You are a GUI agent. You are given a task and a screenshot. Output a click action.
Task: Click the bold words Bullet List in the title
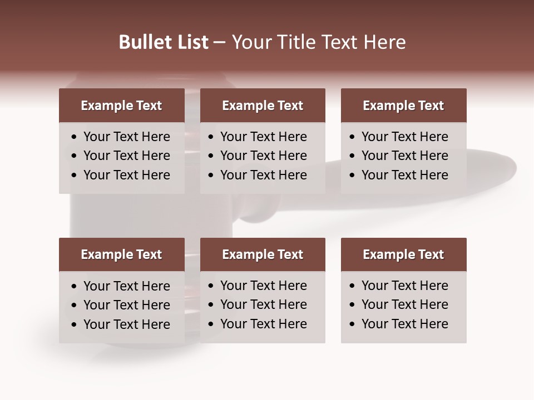point(164,42)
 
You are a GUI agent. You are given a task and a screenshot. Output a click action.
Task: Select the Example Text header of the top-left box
point(121,106)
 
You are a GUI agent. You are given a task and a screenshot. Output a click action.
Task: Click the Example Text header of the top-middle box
point(263,106)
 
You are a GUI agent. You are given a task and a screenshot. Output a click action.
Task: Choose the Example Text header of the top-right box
point(403,106)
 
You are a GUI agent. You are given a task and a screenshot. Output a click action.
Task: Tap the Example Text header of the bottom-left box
point(121,254)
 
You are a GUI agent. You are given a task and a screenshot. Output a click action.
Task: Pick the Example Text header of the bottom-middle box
point(263,254)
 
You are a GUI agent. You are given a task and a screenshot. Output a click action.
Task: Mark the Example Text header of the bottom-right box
point(403,254)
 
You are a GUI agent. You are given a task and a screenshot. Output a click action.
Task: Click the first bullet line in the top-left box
point(126,137)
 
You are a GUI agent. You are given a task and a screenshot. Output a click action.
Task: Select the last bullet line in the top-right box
point(404,175)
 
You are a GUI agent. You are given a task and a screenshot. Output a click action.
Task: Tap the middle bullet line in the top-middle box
point(263,156)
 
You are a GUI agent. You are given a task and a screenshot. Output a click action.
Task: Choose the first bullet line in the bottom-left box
point(126,286)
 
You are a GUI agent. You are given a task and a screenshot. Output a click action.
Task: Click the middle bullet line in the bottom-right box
point(404,304)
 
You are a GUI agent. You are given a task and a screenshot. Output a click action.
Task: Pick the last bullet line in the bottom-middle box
point(263,324)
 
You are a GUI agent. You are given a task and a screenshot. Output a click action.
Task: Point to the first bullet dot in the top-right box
point(352,137)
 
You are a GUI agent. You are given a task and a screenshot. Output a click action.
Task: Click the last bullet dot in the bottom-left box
point(74,325)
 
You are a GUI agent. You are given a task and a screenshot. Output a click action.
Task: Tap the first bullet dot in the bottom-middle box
point(211,286)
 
